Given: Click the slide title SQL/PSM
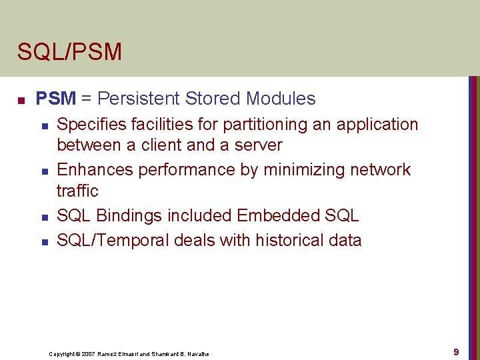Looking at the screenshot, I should (69, 52).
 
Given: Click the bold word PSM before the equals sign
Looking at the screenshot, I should (56, 99).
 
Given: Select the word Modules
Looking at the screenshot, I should (280, 99).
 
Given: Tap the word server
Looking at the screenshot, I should (258, 145).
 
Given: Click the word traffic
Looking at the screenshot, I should (77, 191).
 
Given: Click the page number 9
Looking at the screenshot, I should (456, 351).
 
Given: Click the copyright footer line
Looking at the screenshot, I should (129, 353).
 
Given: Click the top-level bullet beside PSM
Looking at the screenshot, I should (21, 101).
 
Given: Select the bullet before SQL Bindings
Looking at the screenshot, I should (44, 217).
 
